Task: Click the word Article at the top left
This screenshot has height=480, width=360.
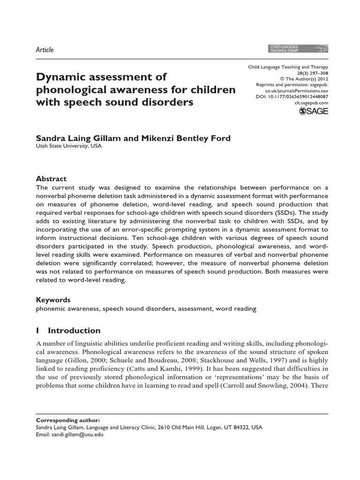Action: [45, 50]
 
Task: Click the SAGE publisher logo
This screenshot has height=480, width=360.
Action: [314, 111]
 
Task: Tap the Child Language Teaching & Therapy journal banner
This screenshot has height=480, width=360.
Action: [297, 48]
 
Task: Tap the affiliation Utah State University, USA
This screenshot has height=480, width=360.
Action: [68, 146]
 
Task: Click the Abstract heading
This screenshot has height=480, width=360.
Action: [51, 179]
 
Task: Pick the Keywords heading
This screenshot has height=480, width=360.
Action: [53, 300]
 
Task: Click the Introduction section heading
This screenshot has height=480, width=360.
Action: [74, 330]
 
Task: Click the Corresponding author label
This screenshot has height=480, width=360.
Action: [67, 420]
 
